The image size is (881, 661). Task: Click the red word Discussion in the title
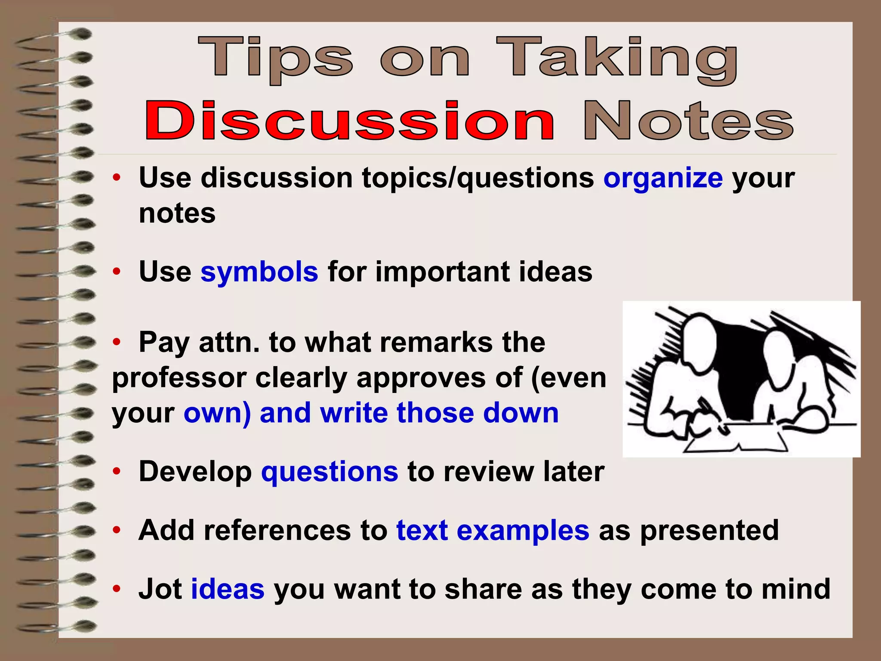coord(349,121)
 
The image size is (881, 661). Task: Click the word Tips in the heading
coord(275,59)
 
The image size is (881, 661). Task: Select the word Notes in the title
coord(688,121)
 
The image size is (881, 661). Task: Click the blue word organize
coord(663,178)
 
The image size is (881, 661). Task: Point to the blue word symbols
coord(259,272)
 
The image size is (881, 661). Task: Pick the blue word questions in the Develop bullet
coord(330,472)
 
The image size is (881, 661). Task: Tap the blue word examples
coord(523,530)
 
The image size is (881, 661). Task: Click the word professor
coord(179,378)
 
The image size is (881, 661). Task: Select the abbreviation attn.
coord(229,343)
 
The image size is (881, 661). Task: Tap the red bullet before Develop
coord(116,472)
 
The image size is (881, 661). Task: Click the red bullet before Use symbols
coord(116,272)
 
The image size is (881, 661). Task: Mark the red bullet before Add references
coord(116,530)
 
